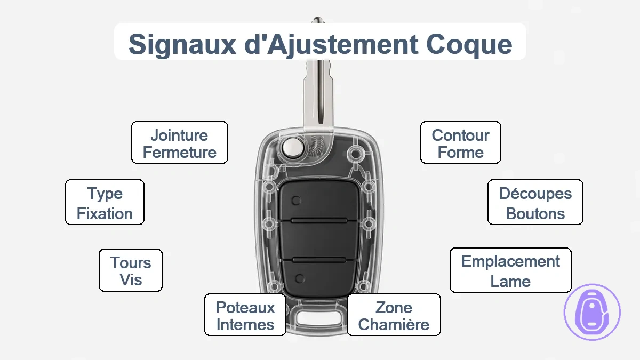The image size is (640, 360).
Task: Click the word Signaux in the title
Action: [182, 45]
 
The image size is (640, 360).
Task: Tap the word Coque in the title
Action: [469, 45]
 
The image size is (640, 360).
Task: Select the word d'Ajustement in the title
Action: [331, 45]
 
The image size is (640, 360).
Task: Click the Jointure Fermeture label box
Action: [180, 142]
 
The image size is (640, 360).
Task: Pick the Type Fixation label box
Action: [105, 202]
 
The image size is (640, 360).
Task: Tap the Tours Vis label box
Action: [131, 270]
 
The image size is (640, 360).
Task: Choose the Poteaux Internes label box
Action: [245, 315]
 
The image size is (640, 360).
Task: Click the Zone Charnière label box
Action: [394, 315]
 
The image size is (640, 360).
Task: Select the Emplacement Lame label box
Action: [510, 270]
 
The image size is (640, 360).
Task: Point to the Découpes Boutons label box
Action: [535, 202]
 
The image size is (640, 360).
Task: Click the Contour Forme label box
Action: [461, 142]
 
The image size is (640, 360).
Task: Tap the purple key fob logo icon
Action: [592, 312]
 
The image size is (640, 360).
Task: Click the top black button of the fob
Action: [319, 201]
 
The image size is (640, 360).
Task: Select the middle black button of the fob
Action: [319, 241]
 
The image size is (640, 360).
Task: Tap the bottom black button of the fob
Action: [319, 278]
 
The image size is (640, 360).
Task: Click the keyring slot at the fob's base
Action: [319, 317]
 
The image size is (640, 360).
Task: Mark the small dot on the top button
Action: [297, 201]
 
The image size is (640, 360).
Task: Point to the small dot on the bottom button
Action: [300, 278]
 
